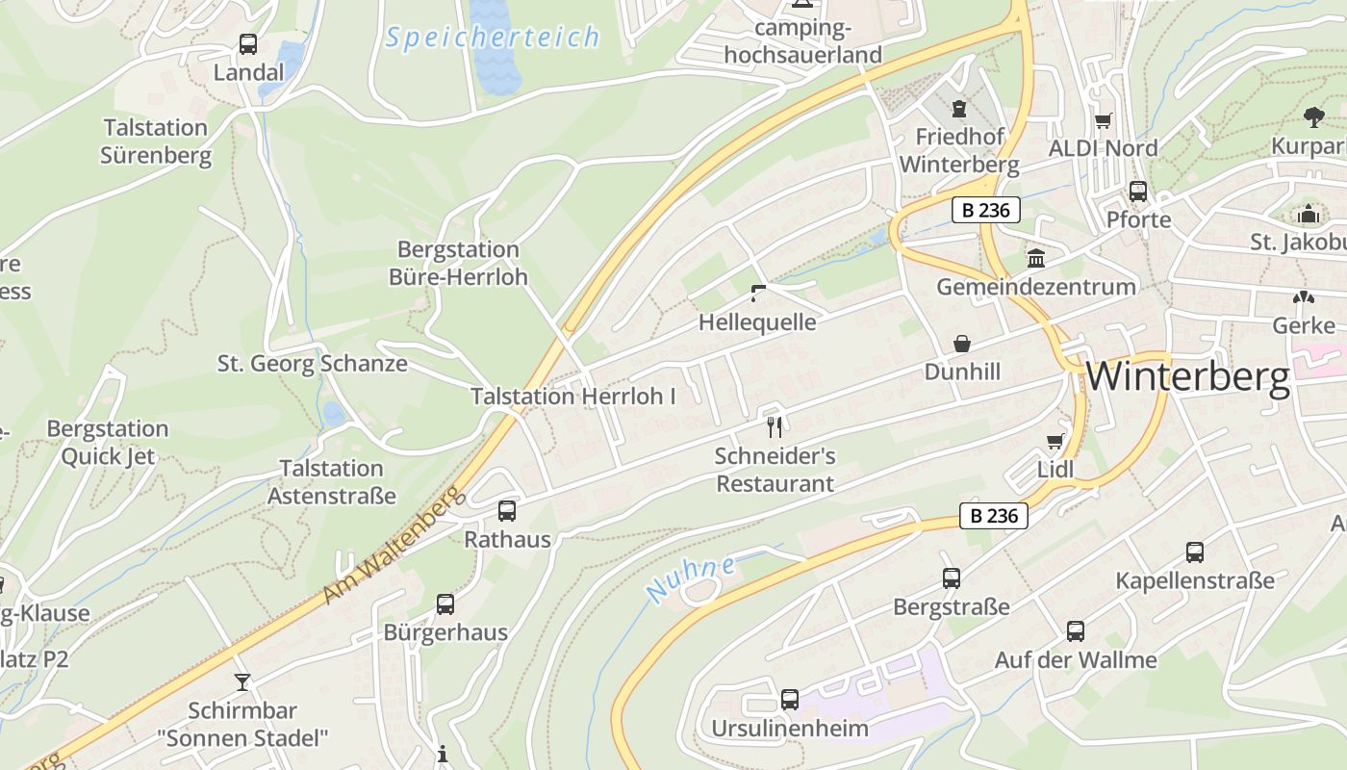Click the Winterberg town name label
(1187, 376)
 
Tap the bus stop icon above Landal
(248, 44)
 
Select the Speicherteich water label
(493, 38)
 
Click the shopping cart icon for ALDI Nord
(1103, 121)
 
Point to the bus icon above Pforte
(1138, 192)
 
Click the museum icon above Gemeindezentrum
(1036, 258)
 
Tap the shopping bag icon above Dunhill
(961, 344)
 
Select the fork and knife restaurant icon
(775, 426)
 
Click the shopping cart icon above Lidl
(1055, 442)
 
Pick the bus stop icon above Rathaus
(507, 511)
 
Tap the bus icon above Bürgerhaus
(445, 604)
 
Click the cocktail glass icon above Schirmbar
(242, 682)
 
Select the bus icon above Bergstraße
(951, 578)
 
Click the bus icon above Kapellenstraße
(1194, 552)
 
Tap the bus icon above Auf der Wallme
(1076, 631)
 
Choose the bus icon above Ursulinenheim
(789, 700)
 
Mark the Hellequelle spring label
(756, 322)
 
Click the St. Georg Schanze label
(312, 364)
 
